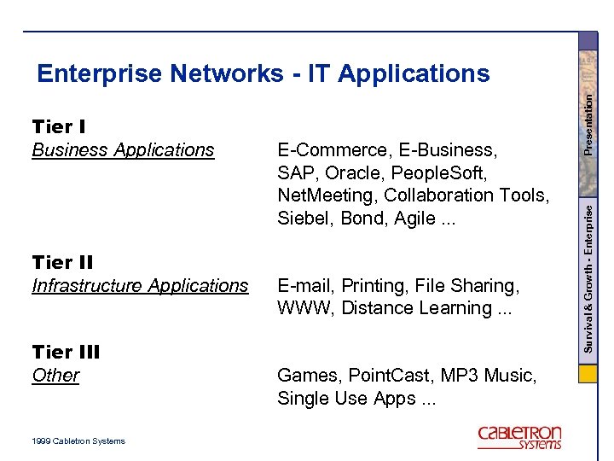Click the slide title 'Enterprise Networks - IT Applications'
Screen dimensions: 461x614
pos(263,74)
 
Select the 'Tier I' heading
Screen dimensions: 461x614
pos(58,127)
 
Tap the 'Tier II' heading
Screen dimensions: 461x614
pos(62,262)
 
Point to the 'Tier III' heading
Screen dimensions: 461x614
pos(67,352)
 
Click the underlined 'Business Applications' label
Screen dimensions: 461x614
pos(123,150)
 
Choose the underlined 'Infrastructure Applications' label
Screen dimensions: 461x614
pos(140,286)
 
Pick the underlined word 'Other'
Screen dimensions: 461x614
pos(55,376)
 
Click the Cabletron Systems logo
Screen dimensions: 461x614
pos(519,437)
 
